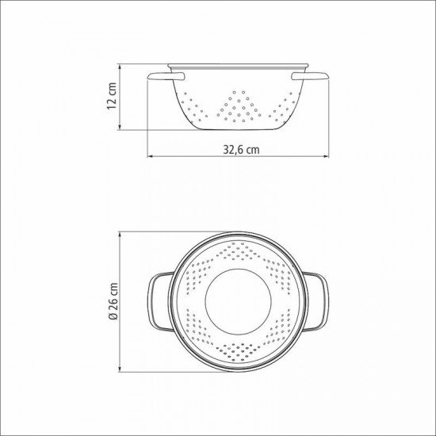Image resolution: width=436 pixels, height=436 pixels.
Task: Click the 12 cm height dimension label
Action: coord(112,96)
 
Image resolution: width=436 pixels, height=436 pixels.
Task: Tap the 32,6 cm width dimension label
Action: coord(241,150)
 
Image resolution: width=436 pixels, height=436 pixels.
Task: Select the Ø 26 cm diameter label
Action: coord(113,301)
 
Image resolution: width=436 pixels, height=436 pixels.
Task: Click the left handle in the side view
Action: coord(166,76)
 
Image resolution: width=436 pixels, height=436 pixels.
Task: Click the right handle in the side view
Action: coord(310,76)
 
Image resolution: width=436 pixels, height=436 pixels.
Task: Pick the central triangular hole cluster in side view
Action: coord(239,107)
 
